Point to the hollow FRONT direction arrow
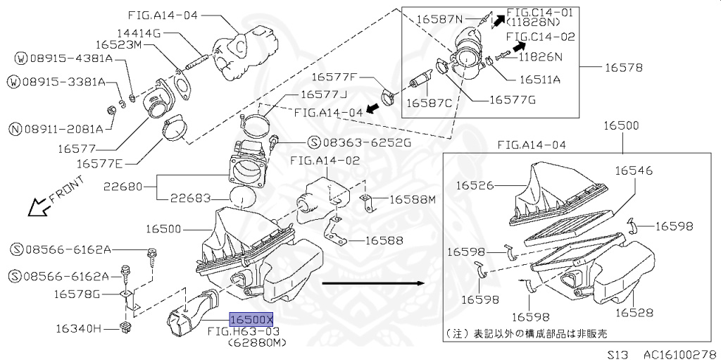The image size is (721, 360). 34,206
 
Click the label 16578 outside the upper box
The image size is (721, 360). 624,68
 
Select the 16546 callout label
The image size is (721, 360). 633,170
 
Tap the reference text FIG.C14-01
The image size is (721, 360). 540,12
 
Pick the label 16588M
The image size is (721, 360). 413,200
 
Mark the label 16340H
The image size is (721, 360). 79,328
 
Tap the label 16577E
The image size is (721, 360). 99,163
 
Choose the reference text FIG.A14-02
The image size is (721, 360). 325,161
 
